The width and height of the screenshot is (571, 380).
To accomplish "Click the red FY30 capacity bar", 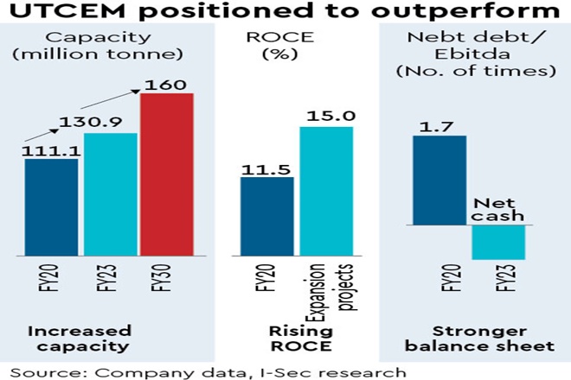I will tap(168, 174).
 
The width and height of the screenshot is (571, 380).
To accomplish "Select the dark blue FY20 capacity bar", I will tap(51, 207).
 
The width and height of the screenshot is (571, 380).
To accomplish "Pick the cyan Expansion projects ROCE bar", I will tap(327, 191).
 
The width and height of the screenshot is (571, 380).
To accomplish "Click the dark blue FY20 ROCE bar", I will tap(266, 216).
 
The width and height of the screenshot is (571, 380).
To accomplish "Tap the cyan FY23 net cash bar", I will tap(498, 241).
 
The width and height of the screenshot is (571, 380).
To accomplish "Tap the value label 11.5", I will tap(266, 163).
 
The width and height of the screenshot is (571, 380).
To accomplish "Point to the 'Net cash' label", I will tap(498, 205).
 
